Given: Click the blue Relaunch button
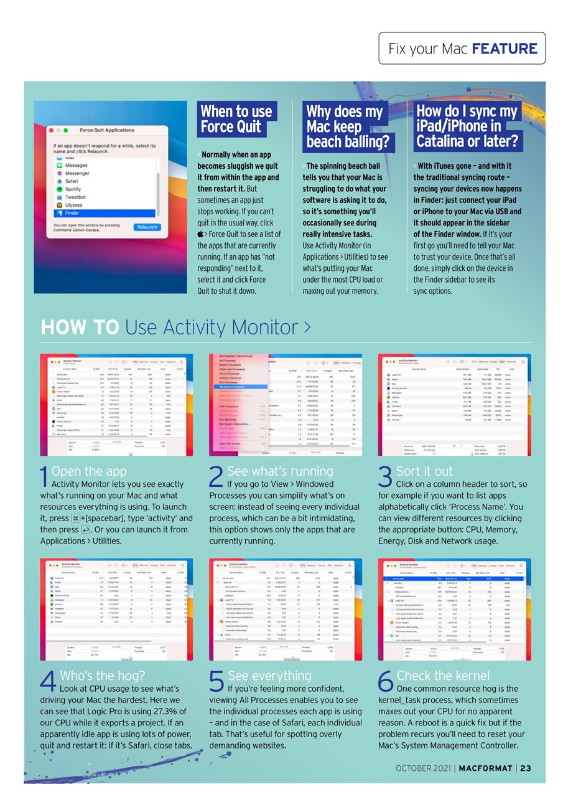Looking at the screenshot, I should [147, 227].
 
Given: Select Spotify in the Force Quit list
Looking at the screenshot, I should [73, 189].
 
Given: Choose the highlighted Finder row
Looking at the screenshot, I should [73, 212].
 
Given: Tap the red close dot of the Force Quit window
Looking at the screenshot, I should [49, 131].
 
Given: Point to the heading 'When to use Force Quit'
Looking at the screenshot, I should [235, 119].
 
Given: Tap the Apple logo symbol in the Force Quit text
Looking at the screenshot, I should [200, 234].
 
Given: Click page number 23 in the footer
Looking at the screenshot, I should [525, 768].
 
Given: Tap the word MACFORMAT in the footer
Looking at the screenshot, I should [486, 768].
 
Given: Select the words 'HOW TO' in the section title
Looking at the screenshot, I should [80, 328].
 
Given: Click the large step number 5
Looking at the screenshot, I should [215, 683].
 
